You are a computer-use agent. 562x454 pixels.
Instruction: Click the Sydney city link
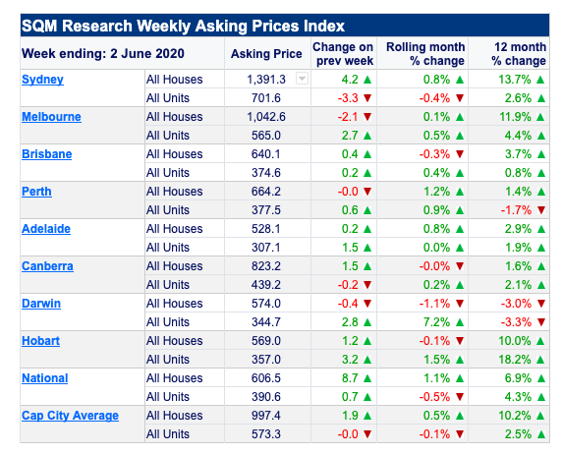(42, 80)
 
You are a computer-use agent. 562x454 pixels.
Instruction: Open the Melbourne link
(51, 117)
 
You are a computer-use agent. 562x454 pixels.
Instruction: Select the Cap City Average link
(70, 416)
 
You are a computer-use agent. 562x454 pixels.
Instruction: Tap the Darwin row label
(41, 304)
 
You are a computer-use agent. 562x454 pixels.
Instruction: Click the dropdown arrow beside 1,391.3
(302, 79)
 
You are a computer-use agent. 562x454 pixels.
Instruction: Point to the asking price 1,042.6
(266, 117)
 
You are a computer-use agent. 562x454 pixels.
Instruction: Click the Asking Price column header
(266, 54)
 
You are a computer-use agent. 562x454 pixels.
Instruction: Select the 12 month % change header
(519, 54)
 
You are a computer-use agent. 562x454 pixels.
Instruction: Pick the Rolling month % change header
(425, 54)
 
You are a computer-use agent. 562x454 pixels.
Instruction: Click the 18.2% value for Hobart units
(515, 360)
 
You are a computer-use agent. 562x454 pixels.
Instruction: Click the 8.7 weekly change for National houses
(350, 378)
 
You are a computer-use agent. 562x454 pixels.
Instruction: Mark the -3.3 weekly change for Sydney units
(348, 98)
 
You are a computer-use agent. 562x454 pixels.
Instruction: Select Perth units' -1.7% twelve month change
(516, 210)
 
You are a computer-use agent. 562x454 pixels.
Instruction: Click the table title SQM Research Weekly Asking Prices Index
(183, 26)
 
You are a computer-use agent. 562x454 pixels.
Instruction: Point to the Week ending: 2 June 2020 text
(103, 54)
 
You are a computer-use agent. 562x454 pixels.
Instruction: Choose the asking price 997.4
(266, 416)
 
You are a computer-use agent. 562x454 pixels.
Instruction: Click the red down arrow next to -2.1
(367, 117)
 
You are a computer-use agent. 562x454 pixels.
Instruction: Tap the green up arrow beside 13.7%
(540, 80)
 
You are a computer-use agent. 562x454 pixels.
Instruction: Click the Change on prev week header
(343, 54)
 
